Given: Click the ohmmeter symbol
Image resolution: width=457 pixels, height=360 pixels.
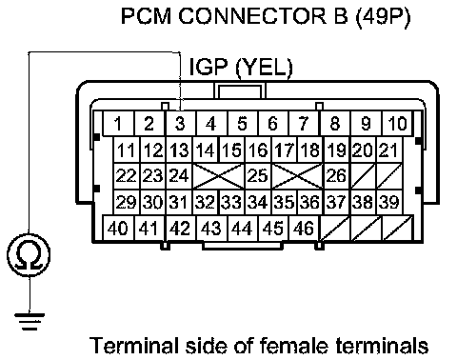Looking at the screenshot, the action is tap(29, 255).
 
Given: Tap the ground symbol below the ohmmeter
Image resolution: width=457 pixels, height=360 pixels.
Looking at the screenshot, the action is tap(30, 322).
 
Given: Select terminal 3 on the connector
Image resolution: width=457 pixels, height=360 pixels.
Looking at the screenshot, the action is tap(181, 123).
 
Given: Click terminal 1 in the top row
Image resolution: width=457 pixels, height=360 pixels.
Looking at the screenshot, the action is tap(119, 123).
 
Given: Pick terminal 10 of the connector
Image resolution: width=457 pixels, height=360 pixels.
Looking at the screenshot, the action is tap(397, 123).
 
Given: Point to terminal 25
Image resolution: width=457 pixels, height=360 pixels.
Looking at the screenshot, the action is tap(258, 175).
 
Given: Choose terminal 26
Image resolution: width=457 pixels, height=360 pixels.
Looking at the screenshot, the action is tap(336, 175).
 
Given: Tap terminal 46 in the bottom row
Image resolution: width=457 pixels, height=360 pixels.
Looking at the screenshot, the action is tap(304, 228).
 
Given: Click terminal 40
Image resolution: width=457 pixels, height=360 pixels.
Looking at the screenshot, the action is tap(119, 228).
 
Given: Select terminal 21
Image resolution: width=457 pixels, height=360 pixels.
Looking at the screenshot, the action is tap(389, 150).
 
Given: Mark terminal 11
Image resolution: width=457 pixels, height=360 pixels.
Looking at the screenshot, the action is tap(127, 150).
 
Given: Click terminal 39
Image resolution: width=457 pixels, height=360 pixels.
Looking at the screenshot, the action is tap(389, 202).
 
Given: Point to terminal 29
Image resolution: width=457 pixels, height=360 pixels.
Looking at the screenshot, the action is tap(127, 202).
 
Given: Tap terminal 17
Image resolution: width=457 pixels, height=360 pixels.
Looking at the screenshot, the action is tap(285, 150).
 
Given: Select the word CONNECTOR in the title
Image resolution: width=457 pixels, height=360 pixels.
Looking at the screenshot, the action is tap(252, 16).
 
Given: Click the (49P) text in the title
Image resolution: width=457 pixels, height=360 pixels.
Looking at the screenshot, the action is tap(384, 16).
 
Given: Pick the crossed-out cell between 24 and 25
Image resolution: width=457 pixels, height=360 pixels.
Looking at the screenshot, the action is tap(219, 175).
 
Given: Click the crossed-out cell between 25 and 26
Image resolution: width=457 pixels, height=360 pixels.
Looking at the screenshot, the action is tap(297, 175).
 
